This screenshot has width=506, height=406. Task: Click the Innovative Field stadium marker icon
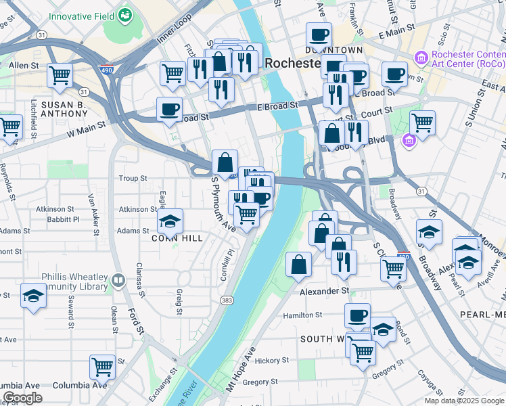[x=124, y=14]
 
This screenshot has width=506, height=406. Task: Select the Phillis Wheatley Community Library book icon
[x=119, y=279]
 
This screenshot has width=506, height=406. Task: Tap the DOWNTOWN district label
[x=333, y=50]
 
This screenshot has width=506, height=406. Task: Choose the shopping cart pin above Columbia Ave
[x=102, y=366]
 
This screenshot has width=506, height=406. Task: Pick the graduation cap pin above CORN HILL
[x=170, y=220]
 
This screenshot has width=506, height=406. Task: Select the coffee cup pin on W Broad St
[x=169, y=108]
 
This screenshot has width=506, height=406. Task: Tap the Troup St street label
[x=133, y=179]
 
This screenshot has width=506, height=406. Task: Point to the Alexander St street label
[x=325, y=290]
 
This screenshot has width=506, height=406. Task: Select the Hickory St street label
[x=271, y=361]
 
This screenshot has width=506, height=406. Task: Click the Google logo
[x=22, y=398]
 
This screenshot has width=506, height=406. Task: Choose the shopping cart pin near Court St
[x=422, y=122]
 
